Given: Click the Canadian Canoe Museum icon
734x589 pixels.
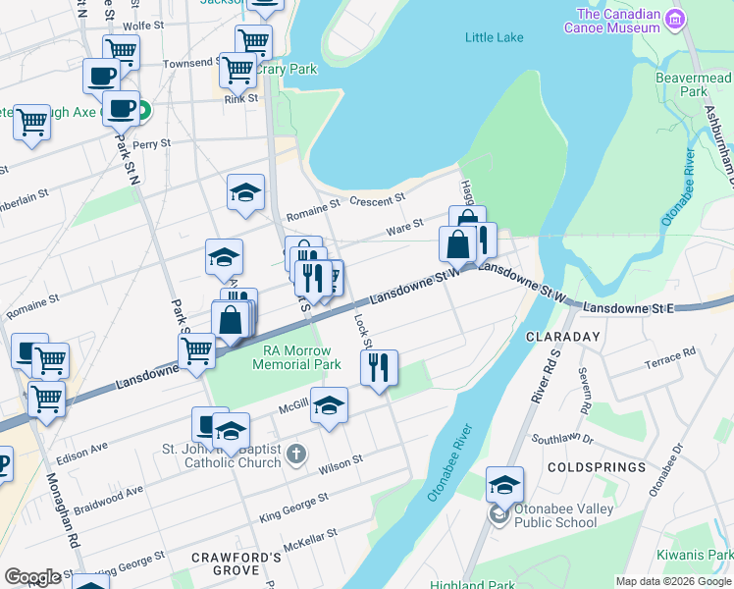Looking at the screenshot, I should click(674, 19).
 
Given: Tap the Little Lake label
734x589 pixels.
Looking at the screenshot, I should click(494, 38).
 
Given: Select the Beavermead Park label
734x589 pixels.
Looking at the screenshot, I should click(694, 84).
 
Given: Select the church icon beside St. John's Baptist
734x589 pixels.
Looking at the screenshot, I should click(298, 455).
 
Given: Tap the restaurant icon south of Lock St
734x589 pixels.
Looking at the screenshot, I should click(378, 368).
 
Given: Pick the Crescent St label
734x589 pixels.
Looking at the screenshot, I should click(377, 200).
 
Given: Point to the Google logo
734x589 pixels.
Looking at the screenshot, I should click(32, 577).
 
